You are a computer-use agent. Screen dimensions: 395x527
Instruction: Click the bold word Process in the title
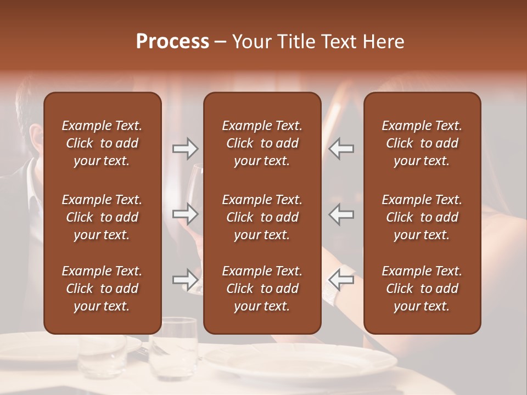pyautogui.click(x=172, y=42)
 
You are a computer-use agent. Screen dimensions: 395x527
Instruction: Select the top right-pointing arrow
pyautogui.click(x=185, y=149)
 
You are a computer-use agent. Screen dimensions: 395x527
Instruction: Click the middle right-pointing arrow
pyautogui.click(x=185, y=214)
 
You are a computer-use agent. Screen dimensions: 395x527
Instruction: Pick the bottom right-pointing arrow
pyautogui.click(x=185, y=280)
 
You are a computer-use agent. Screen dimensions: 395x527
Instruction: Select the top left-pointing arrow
pyautogui.click(x=341, y=149)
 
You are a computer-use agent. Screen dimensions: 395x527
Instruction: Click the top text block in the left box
pyautogui.click(x=102, y=143)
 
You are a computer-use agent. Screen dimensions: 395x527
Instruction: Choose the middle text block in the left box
pyautogui.click(x=102, y=217)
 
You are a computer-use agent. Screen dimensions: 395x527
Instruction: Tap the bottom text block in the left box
pyautogui.click(x=102, y=289)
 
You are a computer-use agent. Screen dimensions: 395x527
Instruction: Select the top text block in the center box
pyautogui.click(x=262, y=143)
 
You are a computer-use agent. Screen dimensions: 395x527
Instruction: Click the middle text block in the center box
pyautogui.click(x=262, y=217)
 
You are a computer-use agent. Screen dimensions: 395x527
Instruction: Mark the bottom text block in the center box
pyautogui.click(x=262, y=289)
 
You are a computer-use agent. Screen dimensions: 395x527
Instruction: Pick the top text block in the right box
pyautogui.click(x=422, y=143)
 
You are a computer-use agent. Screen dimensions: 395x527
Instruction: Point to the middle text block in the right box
pyautogui.click(x=422, y=217)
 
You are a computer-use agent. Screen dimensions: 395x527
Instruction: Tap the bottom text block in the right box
pyautogui.click(x=422, y=289)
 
